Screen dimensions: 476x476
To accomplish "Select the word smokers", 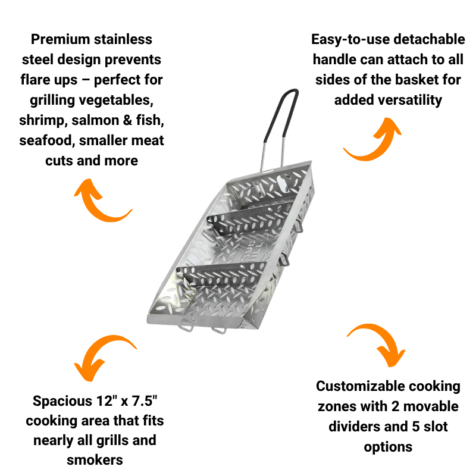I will coord(95,459).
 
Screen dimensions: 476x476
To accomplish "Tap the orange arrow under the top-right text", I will coord(372,139).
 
